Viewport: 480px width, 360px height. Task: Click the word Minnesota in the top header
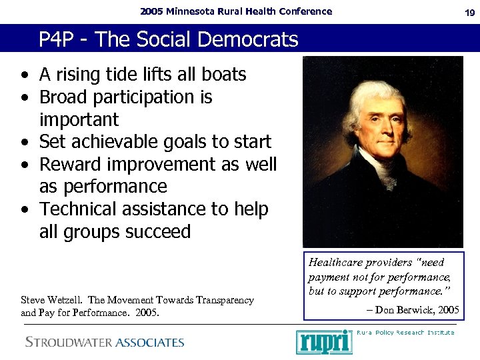pyautogui.click(x=193, y=11)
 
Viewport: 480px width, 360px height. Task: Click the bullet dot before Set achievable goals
pyautogui.click(x=24, y=143)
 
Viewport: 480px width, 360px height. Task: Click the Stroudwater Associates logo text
pyautogui.click(x=105, y=343)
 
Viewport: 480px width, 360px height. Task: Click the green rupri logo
pyautogui.click(x=323, y=342)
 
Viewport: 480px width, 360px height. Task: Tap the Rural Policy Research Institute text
pyautogui.click(x=405, y=332)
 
